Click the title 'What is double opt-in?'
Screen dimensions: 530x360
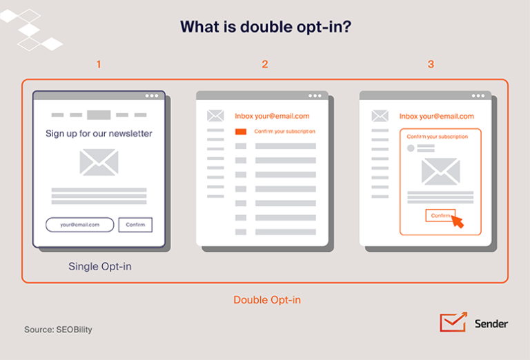click(266, 27)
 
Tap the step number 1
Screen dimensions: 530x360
click(99, 64)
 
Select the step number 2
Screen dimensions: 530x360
click(265, 64)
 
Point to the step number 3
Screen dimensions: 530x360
click(431, 64)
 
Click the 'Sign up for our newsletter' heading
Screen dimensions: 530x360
click(99, 134)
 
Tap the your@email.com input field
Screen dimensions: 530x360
click(80, 225)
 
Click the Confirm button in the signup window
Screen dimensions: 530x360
click(135, 225)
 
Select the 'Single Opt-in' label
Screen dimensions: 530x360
click(100, 266)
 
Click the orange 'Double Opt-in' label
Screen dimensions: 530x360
click(267, 300)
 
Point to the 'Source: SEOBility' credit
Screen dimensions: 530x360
click(58, 330)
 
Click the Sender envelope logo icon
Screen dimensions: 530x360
click(453, 322)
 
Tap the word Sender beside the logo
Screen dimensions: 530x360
click(491, 324)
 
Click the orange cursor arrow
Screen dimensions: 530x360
click(458, 221)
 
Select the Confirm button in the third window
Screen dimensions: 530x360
click(440, 215)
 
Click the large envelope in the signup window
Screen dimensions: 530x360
click(99, 163)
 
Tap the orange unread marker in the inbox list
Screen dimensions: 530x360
click(241, 131)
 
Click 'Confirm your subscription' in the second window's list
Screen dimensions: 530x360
click(284, 131)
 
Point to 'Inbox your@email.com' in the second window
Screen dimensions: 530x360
click(272, 116)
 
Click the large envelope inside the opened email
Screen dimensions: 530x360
click(441, 172)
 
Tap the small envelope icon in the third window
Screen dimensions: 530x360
click(380, 116)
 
